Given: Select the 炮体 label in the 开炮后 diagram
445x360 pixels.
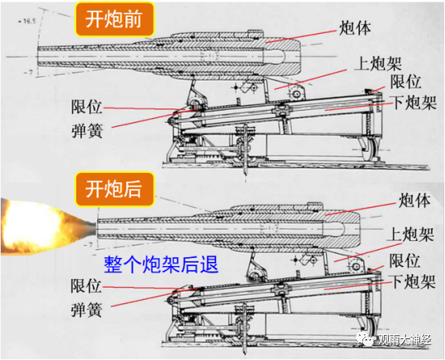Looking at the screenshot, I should [414, 200].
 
